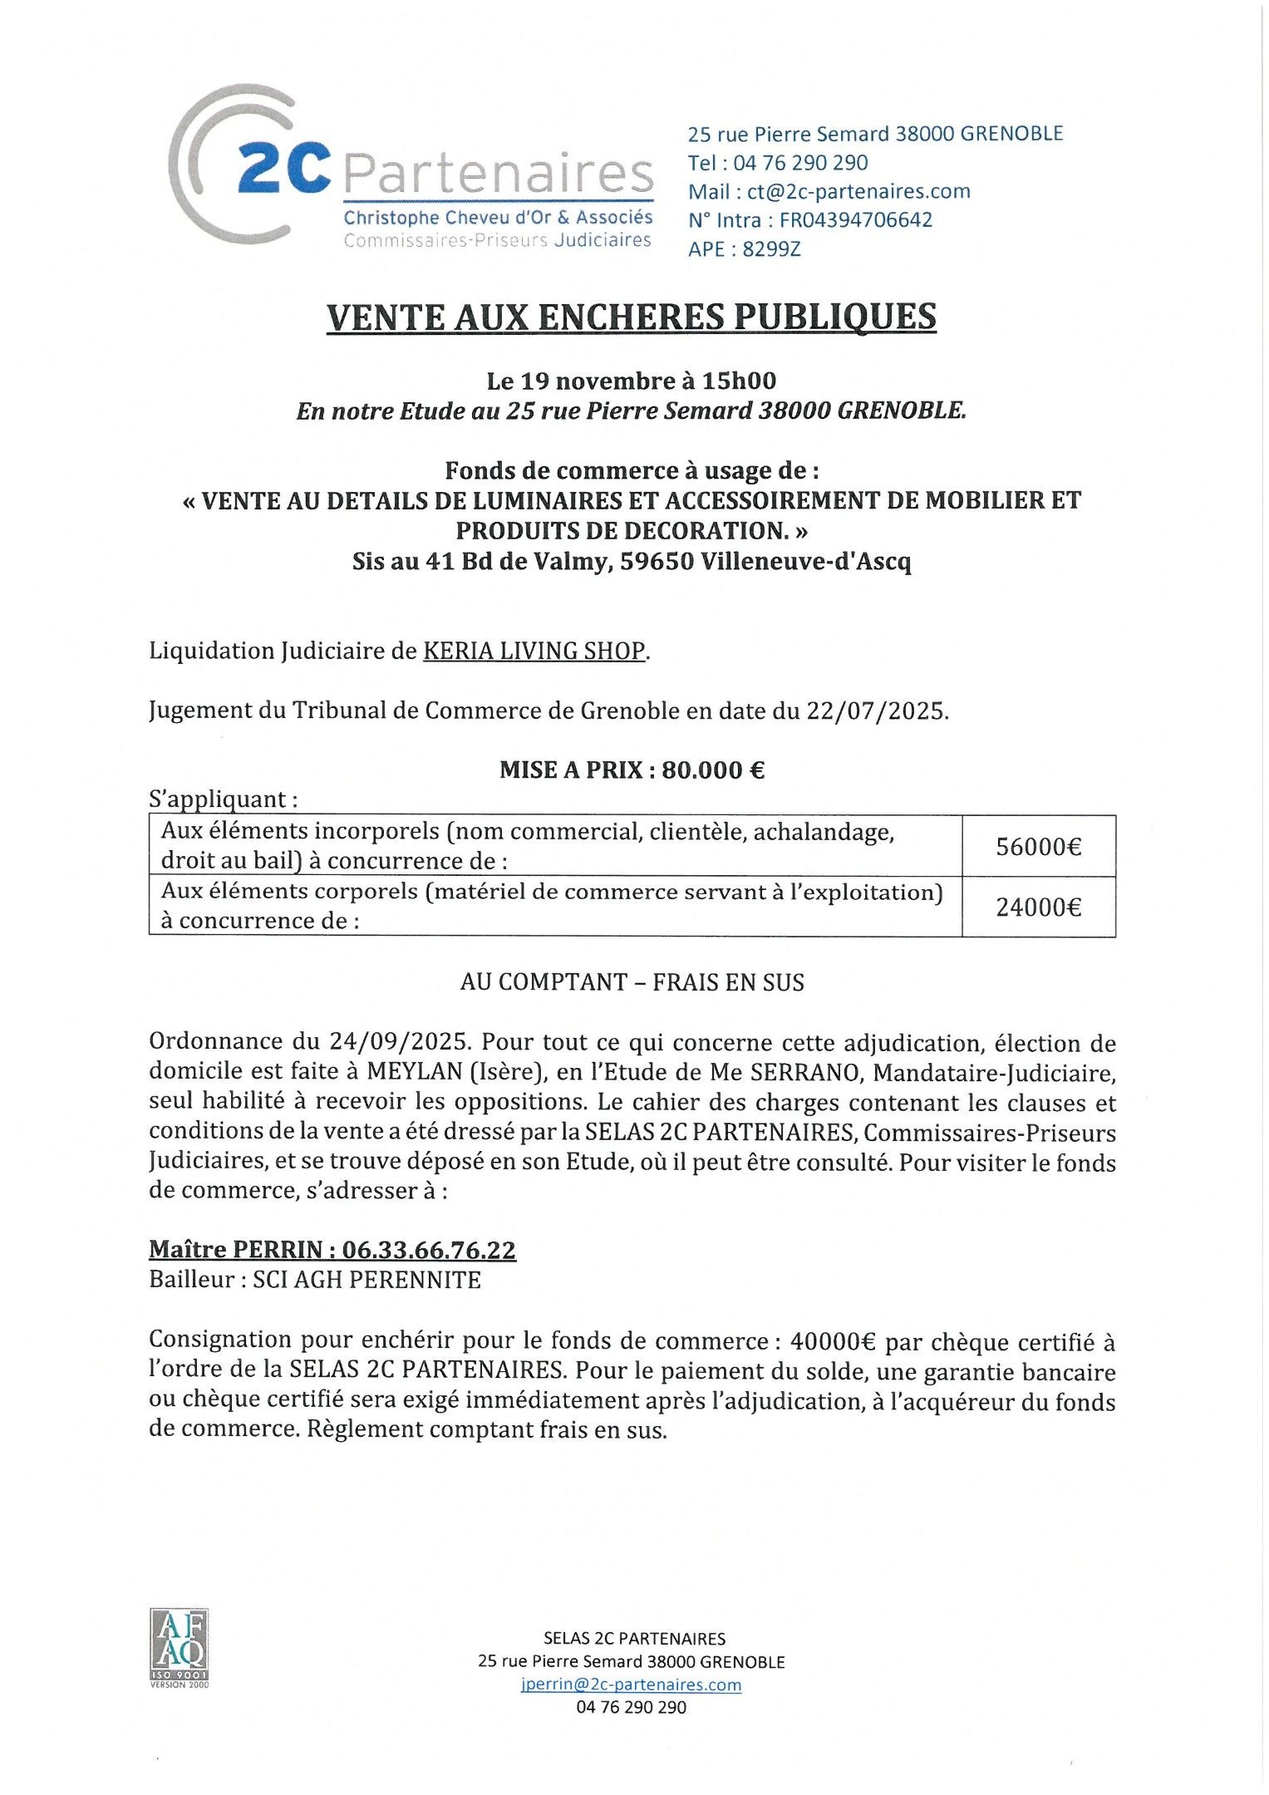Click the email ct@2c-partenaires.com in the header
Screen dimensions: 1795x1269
click(x=858, y=191)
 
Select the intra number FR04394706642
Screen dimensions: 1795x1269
click(x=855, y=220)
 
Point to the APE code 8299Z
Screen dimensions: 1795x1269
click(x=771, y=249)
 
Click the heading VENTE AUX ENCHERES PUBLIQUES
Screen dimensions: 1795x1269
click(x=632, y=317)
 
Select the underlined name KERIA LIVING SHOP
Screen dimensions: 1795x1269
click(x=534, y=651)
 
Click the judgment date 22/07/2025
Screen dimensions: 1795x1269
click(x=876, y=711)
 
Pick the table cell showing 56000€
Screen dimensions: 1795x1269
click(x=1038, y=847)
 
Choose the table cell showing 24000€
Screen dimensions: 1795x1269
click(x=1038, y=907)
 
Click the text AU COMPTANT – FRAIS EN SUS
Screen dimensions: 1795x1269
click(x=632, y=982)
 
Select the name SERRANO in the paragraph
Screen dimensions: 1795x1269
click(x=804, y=1072)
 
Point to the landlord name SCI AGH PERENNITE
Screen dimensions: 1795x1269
click(x=366, y=1280)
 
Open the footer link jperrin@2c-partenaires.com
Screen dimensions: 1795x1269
click(x=631, y=1684)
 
